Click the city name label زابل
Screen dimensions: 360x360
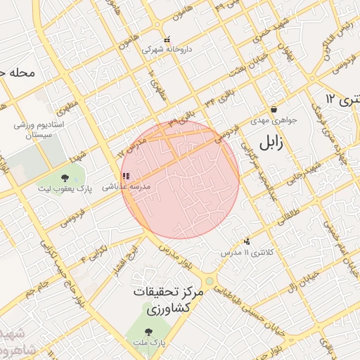271,143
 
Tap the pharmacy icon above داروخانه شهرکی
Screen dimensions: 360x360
167,40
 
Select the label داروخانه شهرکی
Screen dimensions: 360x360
163,50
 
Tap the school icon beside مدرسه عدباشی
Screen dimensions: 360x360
125,176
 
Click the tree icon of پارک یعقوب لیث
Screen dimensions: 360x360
65,178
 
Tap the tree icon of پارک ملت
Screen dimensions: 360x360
148,331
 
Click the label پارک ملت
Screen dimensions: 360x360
148,342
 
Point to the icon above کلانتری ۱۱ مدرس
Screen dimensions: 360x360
246,241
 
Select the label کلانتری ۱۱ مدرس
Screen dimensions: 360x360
241,252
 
